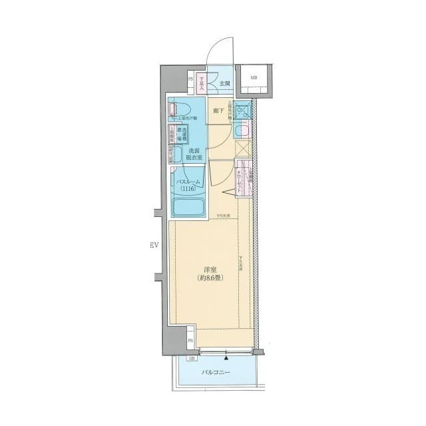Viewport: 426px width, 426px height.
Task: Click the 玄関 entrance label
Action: click(225, 84)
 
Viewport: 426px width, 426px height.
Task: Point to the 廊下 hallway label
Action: click(218, 111)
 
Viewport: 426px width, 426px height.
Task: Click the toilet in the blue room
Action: click(178, 108)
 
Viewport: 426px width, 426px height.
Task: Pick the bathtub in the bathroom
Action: click(188, 208)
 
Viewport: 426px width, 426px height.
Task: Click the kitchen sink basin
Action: click(243, 111)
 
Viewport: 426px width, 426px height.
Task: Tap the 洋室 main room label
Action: click(210, 269)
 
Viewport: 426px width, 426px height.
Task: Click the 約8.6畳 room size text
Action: click(210, 278)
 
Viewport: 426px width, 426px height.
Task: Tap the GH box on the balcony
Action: click(192, 359)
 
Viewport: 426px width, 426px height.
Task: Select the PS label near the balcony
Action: click(190, 341)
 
